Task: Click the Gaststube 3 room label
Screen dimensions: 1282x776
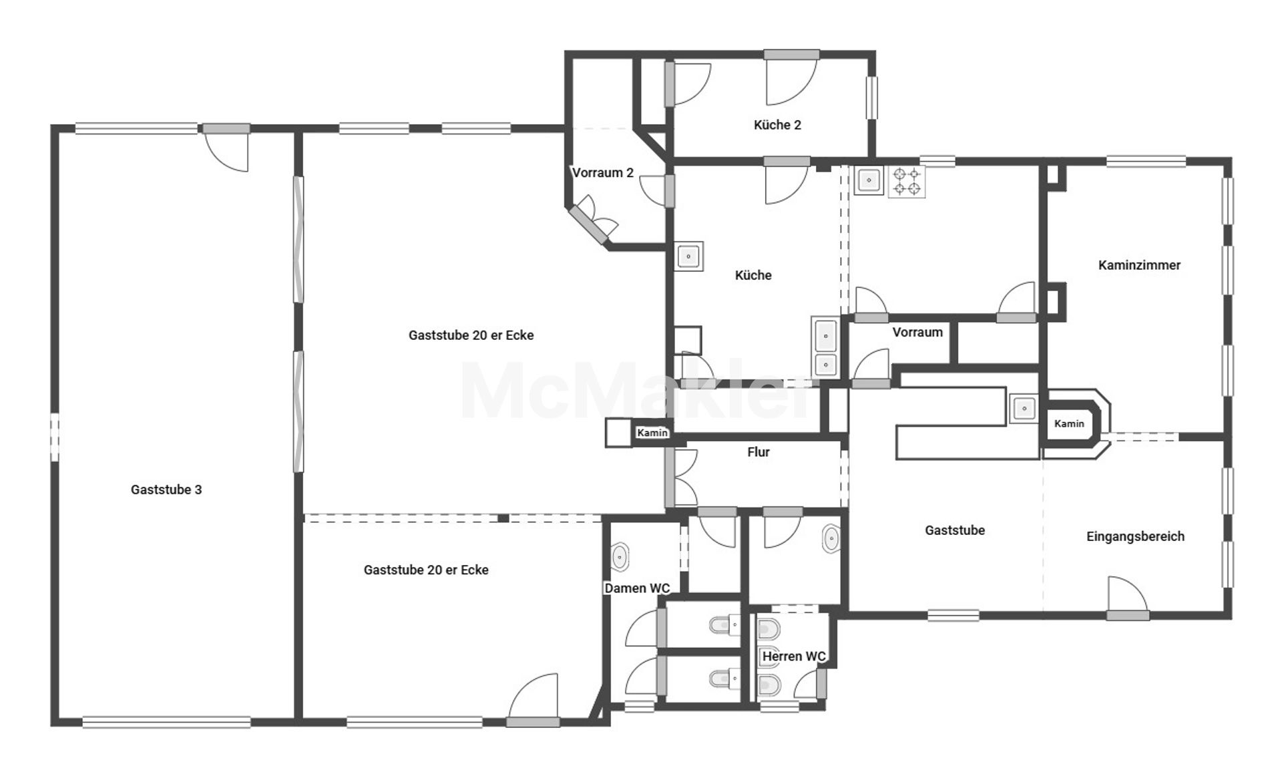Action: [166, 490]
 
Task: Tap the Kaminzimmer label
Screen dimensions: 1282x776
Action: [1139, 265]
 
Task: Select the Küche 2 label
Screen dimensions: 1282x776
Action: [777, 125]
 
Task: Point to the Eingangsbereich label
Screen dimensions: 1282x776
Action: [1135, 536]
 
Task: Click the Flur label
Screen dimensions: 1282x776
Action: [759, 452]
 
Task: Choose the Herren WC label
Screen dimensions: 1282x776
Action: [794, 656]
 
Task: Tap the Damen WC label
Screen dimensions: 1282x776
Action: [637, 588]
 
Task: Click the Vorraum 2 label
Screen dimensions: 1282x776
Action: [603, 173]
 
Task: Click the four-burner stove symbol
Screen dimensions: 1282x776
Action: [907, 182]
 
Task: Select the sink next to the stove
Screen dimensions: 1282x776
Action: [868, 180]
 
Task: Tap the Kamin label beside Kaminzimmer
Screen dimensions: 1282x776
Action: [1069, 423]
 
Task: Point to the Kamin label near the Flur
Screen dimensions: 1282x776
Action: [652, 433]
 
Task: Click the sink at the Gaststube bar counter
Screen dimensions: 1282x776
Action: [1024, 407]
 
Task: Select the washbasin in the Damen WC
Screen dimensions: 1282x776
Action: [620, 556]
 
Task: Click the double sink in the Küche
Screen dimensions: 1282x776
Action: [826, 347]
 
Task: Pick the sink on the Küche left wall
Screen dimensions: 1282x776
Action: [689, 256]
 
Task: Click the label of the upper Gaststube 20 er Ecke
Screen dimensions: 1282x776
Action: [471, 335]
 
